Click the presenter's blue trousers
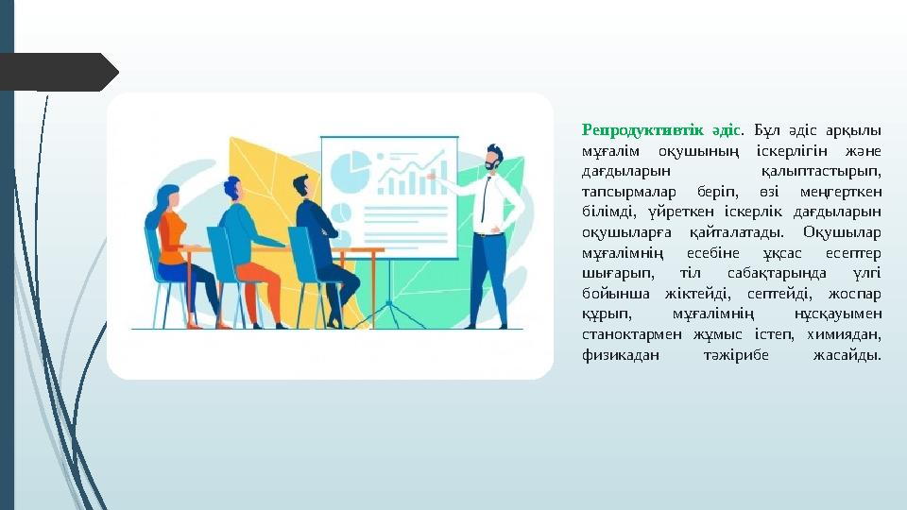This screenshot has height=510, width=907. click(489, 274)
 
